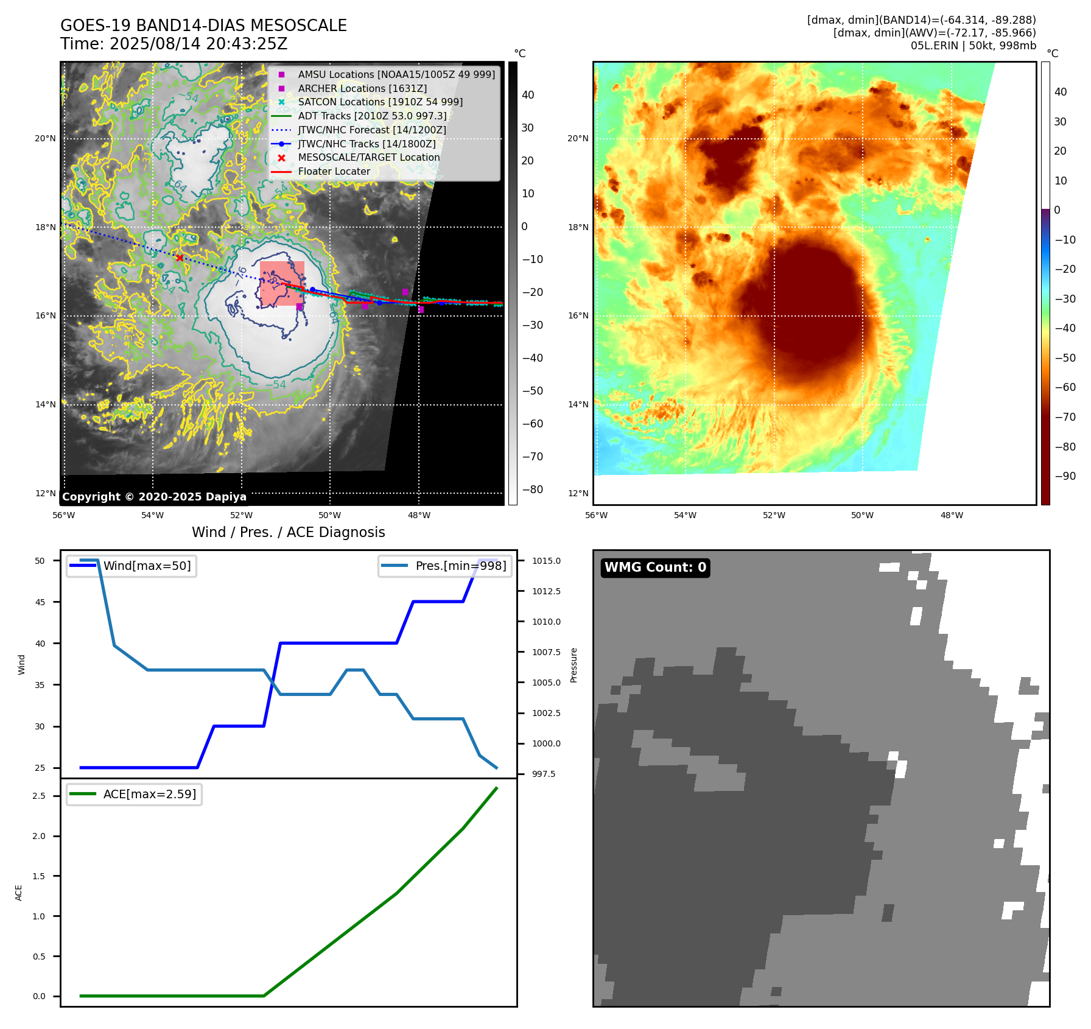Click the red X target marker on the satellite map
(180, 258)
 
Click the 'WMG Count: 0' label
(655, 567)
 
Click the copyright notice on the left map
(154, 497)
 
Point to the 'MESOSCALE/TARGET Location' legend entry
(368, 158)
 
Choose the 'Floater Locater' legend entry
(334, 172)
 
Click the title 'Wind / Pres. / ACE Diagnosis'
(289, 532)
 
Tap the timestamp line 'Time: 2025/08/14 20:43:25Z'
(174, 44)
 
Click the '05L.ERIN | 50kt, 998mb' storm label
(973, 46)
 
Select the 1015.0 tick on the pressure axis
(546, 561)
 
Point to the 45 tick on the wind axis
(40, 602)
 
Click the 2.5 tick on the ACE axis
(39, 796)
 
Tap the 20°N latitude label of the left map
(45, 139)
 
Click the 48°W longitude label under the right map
(952, 516)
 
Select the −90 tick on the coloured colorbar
(1065, 476)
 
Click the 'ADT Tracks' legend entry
(372, 116)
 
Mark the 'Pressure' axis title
(574, 665)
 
